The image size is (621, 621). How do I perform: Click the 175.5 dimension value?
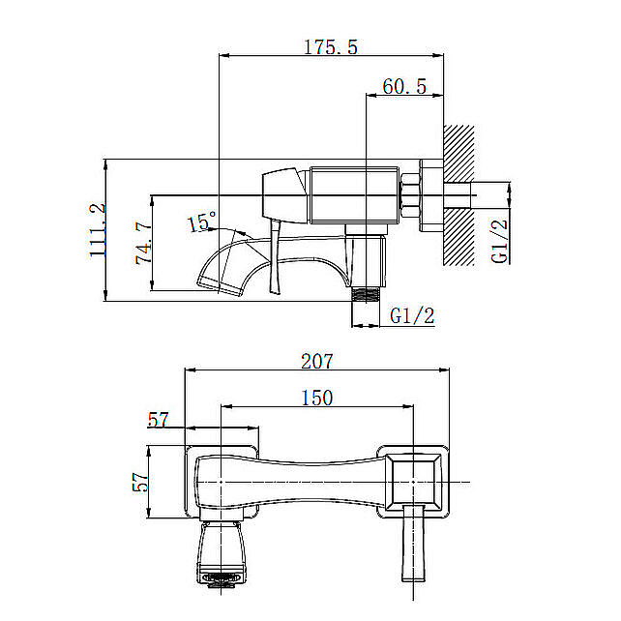pos(331,46)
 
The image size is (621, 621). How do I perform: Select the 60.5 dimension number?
pos(404,86)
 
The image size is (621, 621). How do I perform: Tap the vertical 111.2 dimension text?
pos(98,229)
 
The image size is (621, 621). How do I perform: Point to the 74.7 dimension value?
pos(143,243)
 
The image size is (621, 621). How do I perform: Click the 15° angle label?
pos(201,221)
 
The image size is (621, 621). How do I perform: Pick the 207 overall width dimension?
pos(317,361)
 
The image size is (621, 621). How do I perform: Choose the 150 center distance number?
pos(317,398)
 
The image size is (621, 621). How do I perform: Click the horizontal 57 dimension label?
pos(158,420)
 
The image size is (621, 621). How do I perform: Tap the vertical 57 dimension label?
pos(140,482)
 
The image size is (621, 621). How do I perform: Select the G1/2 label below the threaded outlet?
pos(412,316)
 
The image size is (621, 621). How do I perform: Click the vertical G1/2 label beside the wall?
pos(499,241)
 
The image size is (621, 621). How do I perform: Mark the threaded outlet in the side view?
pos(366,295)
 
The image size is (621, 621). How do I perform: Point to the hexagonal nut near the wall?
pos(410,194)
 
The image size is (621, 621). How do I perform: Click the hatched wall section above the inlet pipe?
pos(458,154)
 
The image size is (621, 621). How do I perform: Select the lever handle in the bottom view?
pos(413,543)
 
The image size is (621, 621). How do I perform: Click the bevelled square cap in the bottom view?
pos(413,482)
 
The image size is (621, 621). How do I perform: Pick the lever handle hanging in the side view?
pos(276,256)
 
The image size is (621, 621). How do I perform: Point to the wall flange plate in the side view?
pos(431,195)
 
